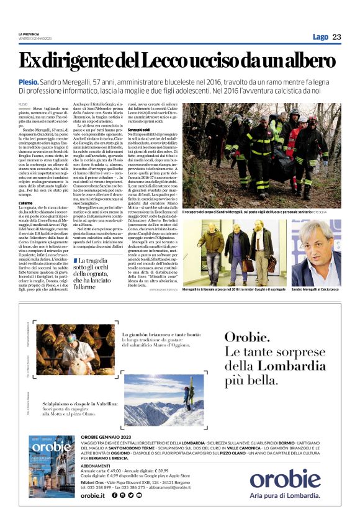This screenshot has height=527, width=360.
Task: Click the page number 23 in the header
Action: (x=336, y=37)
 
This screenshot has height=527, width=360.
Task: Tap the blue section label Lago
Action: (x=320, y=37)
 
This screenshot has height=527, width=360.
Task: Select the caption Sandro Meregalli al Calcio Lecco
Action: (x=316, y=289)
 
